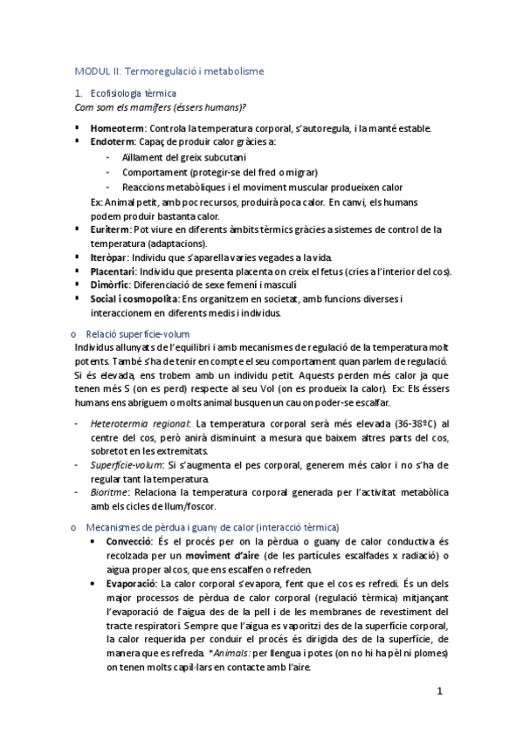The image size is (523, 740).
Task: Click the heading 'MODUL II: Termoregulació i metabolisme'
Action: pyautogui.click(x=169, y=71)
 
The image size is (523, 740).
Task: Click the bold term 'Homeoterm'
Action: pyautogui.click(x=117, y=128)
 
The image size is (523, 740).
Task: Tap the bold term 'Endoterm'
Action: pyautogui.click(x=113, y=141)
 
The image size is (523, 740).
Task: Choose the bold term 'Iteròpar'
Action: pyautogui.click(x=109, y=258)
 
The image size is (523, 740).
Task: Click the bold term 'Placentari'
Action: pyautogui.click(x=114, y=272)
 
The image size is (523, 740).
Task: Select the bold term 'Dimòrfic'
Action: pyautogui.click(x=110, y=285)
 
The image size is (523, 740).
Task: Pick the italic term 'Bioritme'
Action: pyautogui.click(x=111, y=492)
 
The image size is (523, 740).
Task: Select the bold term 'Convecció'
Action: pyautogui.click(x=132, y=542)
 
